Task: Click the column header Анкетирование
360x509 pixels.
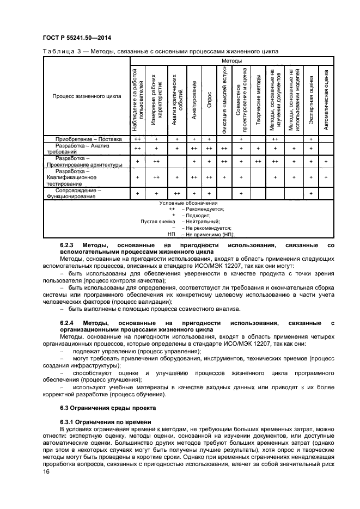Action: [193, 100]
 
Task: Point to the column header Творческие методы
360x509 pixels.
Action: [257, 100]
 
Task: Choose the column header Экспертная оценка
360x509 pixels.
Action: [310, 100]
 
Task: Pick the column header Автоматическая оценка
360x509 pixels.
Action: [326, 100]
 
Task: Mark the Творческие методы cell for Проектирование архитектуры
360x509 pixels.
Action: [257, 162]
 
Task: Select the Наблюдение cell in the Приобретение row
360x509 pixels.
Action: [137, 139]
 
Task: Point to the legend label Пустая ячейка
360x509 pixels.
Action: [157, 222]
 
